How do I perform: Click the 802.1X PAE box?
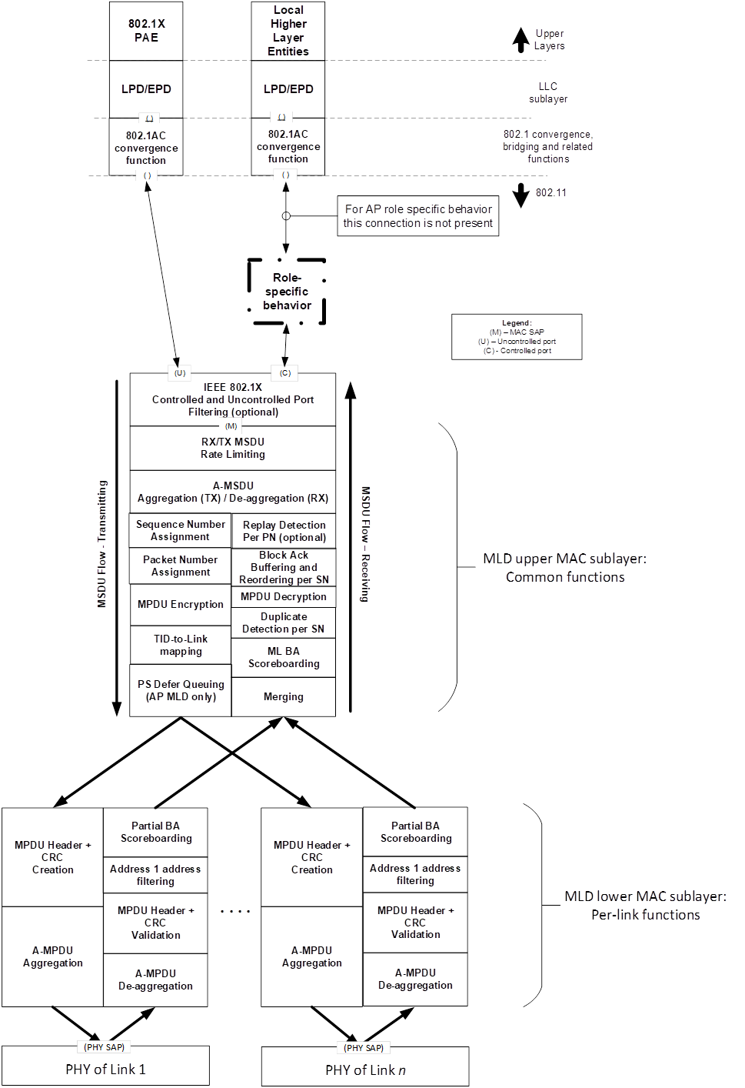tap(146, 31)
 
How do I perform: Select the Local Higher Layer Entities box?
tap(288, 31)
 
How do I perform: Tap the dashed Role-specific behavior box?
tap(286, 292)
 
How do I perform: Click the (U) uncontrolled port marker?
tap(180, 373)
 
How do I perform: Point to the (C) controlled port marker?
tap(285, 373)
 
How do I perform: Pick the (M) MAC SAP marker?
tap(231, 426)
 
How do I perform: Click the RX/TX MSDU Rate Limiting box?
tap(232, 449)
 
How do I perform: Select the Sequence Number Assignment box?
tap(180, 530)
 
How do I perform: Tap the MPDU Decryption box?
tap(284, 596)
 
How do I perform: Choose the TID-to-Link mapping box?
tap(181, 645)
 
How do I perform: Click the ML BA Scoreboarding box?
tap(284, 657)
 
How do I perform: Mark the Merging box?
tap(284, 696)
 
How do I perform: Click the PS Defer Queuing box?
tap(181, 690)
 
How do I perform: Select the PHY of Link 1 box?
tap(106, 1066)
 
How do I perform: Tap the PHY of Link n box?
tap(365, 1066)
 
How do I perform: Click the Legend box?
tap(517, 336)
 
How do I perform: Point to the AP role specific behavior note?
tap(418, 216)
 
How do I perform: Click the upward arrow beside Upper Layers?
tap(521, 40)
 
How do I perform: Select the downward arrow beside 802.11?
tap(521, 195)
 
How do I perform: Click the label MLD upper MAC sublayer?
tap(565, 559)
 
